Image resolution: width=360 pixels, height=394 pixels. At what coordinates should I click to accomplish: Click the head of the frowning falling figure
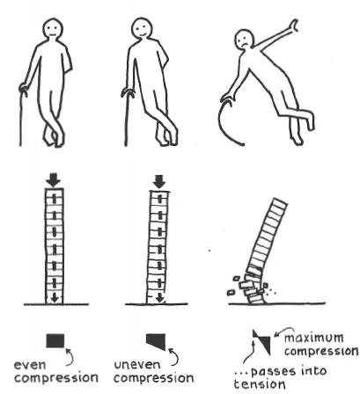click(x=245, y=40)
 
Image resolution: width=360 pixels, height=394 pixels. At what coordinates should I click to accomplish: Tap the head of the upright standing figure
click(x=53, y=29)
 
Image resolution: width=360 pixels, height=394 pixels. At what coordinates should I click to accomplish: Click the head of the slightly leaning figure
click(x=142, y=28)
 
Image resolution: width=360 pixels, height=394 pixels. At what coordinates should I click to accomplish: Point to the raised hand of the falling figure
click(x=293, y=26)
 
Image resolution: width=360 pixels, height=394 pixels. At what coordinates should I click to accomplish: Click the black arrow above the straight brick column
click(x=53, y=180)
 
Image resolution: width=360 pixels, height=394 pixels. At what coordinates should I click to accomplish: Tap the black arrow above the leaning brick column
click(x=159, y=182)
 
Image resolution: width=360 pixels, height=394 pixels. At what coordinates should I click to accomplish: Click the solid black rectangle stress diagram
click(x=55, y=340)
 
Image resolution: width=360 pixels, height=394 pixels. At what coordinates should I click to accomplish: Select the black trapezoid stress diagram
click(x=157, y=341)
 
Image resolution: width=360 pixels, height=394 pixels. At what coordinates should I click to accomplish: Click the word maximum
click(x=314, y=338)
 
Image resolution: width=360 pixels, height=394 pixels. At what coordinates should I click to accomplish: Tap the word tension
click(x=260, y=384)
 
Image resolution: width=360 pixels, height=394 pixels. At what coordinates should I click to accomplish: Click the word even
click(x=30, y=365)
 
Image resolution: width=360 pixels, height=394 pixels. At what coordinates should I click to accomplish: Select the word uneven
click(x=137, y=365)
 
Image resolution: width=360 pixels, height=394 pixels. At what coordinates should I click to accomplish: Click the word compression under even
click(x=56, y=378)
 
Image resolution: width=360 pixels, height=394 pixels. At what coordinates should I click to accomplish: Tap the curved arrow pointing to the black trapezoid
click(x=174, y=356)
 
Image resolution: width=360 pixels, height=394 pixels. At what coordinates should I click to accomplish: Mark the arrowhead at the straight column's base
click(x=55, y=299)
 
